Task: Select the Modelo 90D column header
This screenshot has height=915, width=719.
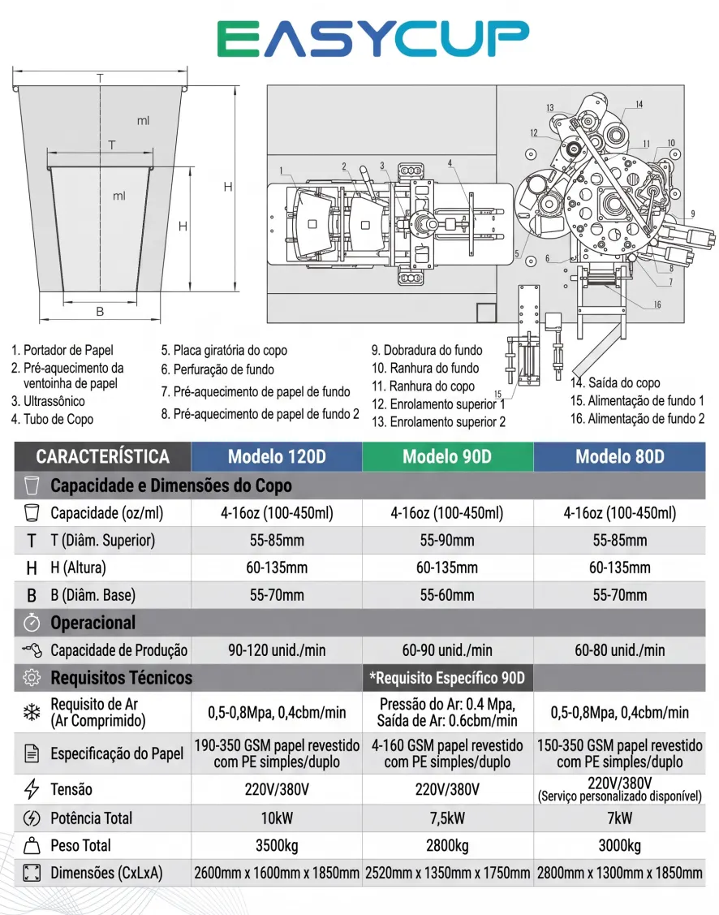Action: (447, 456)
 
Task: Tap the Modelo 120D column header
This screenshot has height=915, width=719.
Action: (277, 456)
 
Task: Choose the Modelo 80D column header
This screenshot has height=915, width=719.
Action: (620, 456)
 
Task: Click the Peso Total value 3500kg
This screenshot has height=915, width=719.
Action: (277, 845)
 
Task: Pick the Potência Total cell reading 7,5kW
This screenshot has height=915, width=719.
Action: (447, 818)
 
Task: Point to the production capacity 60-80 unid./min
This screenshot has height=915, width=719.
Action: (620, 650)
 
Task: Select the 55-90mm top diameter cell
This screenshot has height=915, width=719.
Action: (447, 541)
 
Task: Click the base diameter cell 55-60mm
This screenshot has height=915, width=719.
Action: (447, 595)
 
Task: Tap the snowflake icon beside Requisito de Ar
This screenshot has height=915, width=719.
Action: (32, 712)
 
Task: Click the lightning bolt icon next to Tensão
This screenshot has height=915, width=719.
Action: (32, 789)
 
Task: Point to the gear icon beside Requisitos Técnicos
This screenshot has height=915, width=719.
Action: (32, 677)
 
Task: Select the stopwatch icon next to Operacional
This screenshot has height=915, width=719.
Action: (32, 623)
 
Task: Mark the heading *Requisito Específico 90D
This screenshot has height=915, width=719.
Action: (447, 678)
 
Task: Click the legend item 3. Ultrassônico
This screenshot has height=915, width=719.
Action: (48, 401)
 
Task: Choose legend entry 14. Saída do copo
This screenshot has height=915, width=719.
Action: (615, 383)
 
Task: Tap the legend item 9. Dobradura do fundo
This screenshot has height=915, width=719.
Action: (427, 350)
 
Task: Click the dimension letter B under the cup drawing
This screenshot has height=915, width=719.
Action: (100, 312)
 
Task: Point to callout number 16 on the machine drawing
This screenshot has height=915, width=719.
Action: (657, 304)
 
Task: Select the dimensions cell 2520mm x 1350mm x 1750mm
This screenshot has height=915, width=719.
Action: (447, 873)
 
